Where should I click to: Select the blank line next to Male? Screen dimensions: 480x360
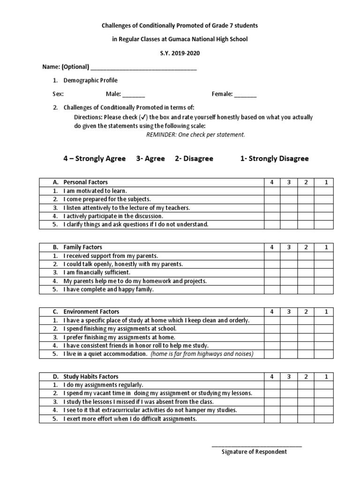pyautogui.click(x=134, y=95)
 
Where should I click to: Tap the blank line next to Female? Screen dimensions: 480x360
pyautogui.click(x=245, y=95)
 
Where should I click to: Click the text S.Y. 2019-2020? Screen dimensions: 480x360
pyautogui.click(x=180, y=53)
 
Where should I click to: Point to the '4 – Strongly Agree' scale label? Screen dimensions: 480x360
pyautogui.click(x=95, y=158)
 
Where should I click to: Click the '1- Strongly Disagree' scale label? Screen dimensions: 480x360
pyautogui.click(x=274, y=158)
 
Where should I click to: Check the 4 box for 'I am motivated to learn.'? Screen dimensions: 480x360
pyautogui.click(x=272, y=191)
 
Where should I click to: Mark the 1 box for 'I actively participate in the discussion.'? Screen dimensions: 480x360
pyautogui.click(x=323, y=216)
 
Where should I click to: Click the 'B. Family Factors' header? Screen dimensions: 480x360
pyautogui.click(x=82, y=247)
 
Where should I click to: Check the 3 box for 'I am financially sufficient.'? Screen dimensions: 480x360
pyautogui.click(x=289, y=272)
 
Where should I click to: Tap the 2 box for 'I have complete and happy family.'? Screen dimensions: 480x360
pyautogui.click(x=306, y=290)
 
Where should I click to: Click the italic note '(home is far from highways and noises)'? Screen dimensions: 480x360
pyautogui.click(x=202, y=354)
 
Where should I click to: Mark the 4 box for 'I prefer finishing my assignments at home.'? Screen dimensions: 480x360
pyautogui.click(x=272, y=337)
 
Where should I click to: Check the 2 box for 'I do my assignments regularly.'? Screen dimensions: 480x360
pyautogui.click(x=306, y=385)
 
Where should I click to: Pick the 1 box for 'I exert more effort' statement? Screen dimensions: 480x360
pyautogui.click(x=323, y=419)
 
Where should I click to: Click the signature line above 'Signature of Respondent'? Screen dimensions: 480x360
pyautogui.click(x=256, y=445)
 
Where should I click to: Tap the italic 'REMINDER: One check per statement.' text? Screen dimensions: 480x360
pyautogui.click(x=195, y=135)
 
